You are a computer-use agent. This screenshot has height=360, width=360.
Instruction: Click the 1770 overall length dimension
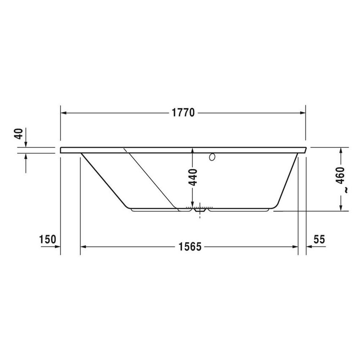(183, 113)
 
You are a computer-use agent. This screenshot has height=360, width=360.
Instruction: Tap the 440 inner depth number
(193, 177)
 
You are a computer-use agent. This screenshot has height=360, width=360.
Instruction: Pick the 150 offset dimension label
(47, 239)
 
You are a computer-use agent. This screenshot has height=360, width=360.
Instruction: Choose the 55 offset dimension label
(319, 239)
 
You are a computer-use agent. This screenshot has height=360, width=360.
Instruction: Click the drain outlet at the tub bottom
(198, 209)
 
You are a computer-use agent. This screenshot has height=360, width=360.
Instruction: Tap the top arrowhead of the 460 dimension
(341, 150)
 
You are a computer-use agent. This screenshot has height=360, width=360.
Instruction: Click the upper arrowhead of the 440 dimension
(193, 150)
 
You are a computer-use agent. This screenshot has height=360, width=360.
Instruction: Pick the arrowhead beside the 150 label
(57, 246)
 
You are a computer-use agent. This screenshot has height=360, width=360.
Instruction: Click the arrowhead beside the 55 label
(309, 246)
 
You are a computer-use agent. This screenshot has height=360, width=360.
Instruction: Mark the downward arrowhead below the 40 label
(26, 144)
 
